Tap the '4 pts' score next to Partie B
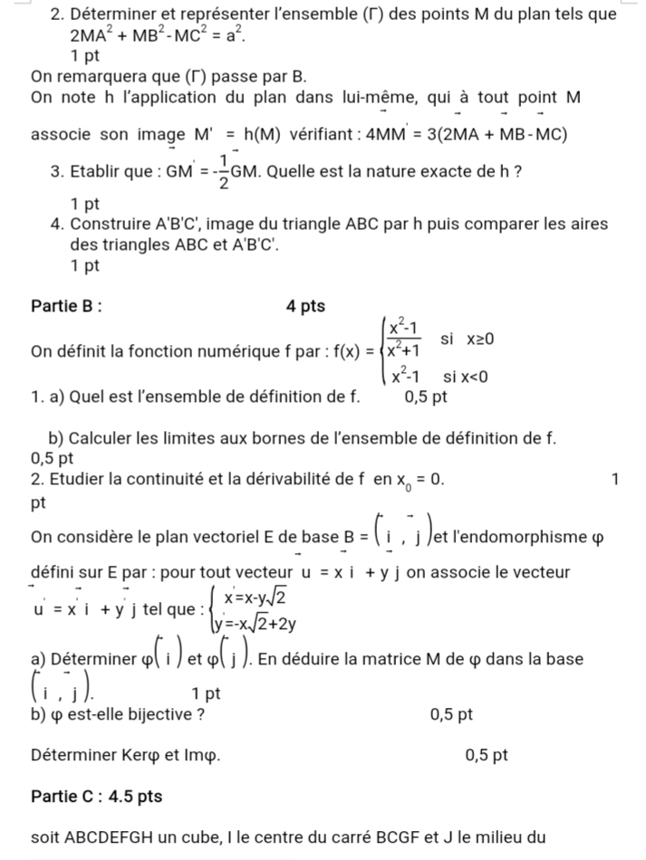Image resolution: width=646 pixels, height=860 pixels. point(304,307)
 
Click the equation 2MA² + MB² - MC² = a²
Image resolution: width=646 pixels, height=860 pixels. point(157,38)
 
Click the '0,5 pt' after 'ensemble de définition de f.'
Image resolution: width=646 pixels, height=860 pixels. point(428,396)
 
